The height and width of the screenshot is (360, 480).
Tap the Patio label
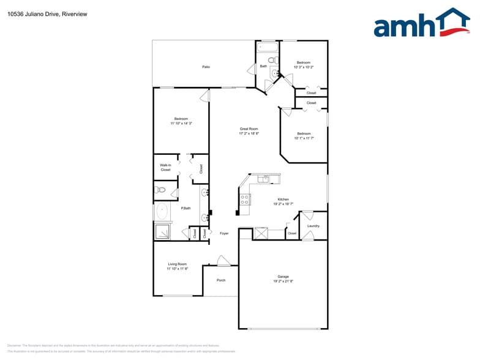pos(206,67)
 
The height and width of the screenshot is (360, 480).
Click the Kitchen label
pos(283,200)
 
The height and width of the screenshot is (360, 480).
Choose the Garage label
pos(283,277)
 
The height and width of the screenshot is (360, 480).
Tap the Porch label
pos(221,280)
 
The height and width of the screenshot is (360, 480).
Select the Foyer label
pos(224,233)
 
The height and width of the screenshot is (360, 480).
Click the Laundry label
pos(313,226)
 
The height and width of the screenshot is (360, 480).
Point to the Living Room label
pos(177,264)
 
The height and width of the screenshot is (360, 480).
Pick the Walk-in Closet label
pos(165,167)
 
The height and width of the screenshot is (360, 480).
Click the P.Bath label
pos(185,209)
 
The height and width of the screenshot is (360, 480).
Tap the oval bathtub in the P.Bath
pos(162,212)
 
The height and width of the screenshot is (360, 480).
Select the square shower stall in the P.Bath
pos(163,231)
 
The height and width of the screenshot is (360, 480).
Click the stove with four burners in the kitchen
pos(244,199)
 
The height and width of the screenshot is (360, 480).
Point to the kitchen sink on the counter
pos(264,179)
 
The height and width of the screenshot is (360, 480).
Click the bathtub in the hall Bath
pos(268,47)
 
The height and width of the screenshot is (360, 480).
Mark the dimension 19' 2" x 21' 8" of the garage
pos(283,281)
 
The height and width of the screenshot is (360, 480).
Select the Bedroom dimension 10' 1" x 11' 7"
pos(304,138)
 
